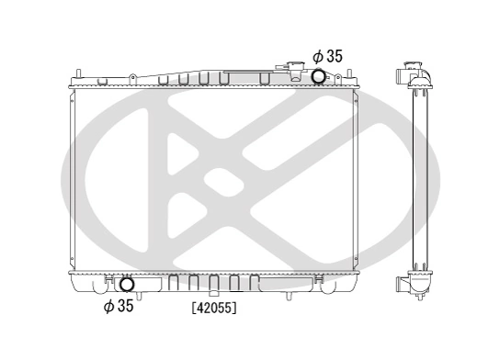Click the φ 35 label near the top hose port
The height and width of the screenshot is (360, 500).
tap(327, 57)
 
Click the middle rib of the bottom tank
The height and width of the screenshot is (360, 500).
tap(212, 281)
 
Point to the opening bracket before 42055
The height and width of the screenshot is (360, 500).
tap(193, 309)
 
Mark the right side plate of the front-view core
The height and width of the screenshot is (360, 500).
tap(357, 179)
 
